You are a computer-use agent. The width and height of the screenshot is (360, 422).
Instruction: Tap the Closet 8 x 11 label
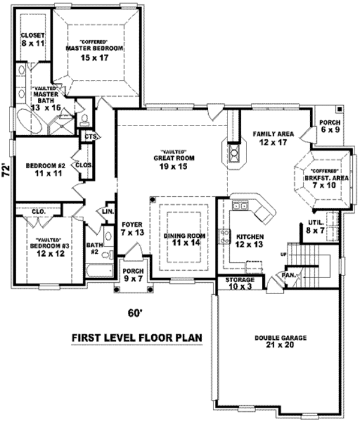(32, 40)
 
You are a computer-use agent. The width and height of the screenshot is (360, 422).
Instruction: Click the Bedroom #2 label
(45, 169)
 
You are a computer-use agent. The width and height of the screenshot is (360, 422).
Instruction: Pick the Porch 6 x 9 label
(329, 125)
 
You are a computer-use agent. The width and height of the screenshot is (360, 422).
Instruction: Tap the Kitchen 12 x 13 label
(250, 241)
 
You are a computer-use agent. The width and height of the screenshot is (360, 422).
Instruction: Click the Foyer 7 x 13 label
(132, 229)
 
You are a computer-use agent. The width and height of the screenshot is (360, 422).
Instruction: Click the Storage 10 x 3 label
(241, 284)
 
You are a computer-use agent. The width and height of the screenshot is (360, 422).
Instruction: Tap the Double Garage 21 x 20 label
(280, 342)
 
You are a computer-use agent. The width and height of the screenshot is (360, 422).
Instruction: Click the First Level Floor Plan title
(137, 337)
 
